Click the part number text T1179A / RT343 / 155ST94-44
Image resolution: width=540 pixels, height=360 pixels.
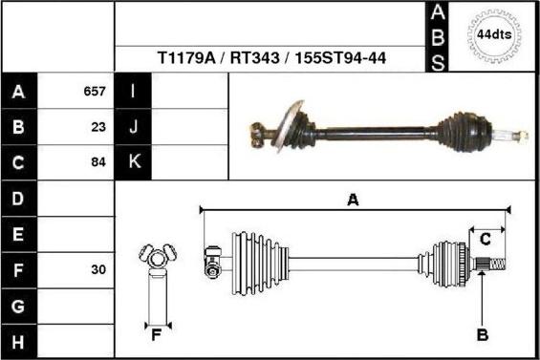271,57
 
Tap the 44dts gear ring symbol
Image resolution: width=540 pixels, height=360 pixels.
494,35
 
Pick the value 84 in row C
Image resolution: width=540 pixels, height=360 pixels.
97,162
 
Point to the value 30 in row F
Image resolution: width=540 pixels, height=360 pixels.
97,270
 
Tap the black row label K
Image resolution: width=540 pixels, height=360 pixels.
133,162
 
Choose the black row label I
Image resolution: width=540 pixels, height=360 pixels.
133,92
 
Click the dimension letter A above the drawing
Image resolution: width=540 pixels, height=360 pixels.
353,200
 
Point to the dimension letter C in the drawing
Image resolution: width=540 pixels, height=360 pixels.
485,238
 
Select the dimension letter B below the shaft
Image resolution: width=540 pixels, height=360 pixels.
483,335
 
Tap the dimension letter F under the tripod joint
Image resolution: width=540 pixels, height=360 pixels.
156,334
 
